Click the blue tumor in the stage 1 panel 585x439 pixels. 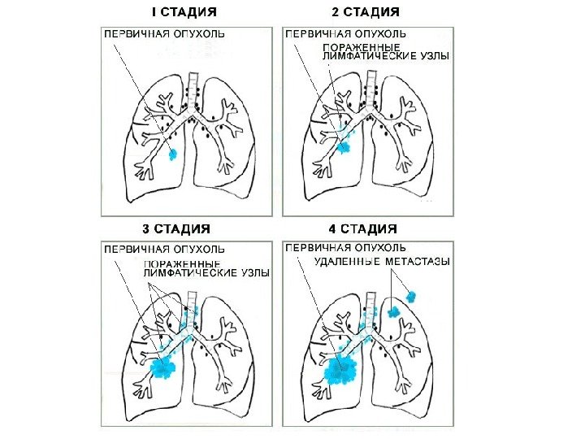coord(171,154)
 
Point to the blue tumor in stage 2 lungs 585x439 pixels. coord(343,148)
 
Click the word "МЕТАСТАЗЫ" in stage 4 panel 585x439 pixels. coord(427,262)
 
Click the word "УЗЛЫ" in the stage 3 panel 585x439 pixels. coord(253,275)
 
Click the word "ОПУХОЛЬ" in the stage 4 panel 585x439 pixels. coord(378,247)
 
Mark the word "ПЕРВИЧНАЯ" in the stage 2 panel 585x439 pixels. coord(317,35)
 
